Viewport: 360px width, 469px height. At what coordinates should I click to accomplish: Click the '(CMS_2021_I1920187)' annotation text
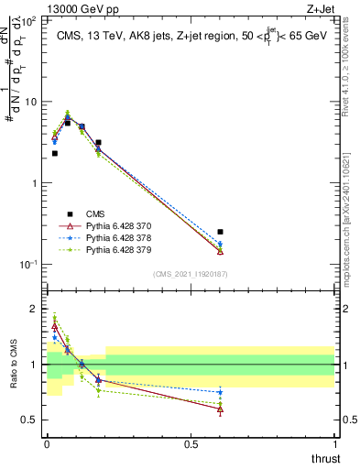coord(191,274)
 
